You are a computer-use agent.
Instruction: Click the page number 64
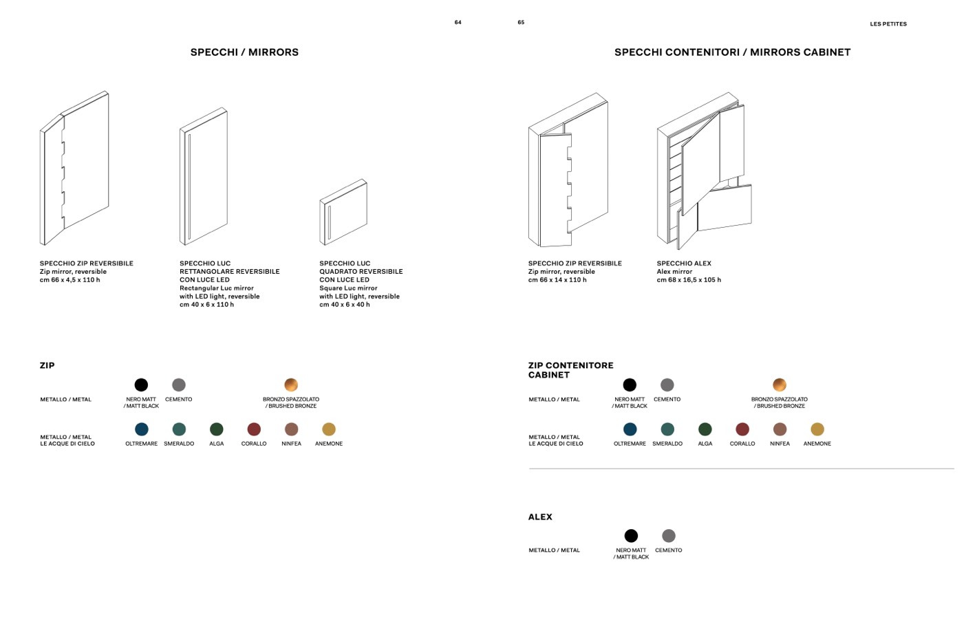click(458, 23)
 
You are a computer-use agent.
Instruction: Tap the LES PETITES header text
click(888, 24)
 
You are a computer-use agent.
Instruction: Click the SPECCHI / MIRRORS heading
click(244, 52)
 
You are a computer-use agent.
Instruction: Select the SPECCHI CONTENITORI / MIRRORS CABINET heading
click(732, 52)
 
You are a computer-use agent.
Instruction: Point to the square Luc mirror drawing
click(343, 213)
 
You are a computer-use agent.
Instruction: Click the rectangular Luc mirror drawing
click(204, 176)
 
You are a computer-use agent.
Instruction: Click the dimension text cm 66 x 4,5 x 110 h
click(69, 280)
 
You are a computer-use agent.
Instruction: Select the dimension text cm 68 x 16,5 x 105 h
click(689, 280)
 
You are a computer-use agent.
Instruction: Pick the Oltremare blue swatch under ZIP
click(142, 429)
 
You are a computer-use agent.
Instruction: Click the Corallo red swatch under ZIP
click(254, 429)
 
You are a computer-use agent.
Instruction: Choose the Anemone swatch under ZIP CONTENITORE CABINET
click(817, 429)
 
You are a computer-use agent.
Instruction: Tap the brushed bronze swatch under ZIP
click(291, 385)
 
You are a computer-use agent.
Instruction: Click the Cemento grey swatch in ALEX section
click(669, 535)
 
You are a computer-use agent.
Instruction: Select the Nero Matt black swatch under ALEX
click(631, 535)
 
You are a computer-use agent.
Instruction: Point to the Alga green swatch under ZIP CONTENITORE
click(705, 429)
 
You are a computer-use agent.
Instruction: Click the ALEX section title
click(540, 517)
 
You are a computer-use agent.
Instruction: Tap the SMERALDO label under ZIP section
click(179, 444)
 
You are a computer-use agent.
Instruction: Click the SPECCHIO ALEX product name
click(684, 264)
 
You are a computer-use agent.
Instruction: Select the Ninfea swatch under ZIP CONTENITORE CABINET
click(780, 429)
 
